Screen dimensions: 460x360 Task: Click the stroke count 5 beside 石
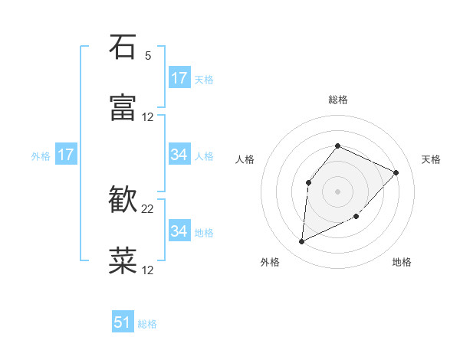(x=148, y=56)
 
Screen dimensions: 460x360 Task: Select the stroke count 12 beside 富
(x=148, y=117)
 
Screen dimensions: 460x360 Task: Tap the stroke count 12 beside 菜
(x=148, y=270)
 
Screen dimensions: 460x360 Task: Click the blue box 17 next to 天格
(x=179, y=78)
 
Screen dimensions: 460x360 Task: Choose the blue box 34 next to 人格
(x=179, y=155)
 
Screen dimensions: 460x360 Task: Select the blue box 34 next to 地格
(x=179, y=231)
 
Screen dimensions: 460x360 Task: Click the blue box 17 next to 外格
(x=66, y=155)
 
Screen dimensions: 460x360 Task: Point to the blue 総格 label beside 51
(x=147, y=324)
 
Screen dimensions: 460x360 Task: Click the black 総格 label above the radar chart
(x=338, y=100)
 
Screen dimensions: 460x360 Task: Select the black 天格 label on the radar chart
(x=432, y=159)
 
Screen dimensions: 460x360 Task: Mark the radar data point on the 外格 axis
(x=301, y=242)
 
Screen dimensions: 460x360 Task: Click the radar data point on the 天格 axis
(x=396, y=172)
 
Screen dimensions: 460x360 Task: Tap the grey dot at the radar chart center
(x=338, y=191)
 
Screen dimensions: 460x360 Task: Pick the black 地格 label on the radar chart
(x=402, y=262)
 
